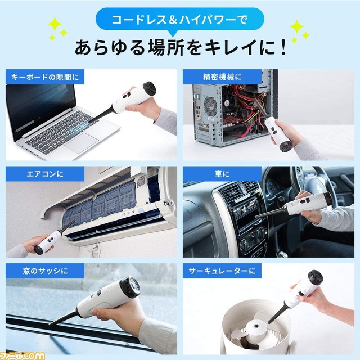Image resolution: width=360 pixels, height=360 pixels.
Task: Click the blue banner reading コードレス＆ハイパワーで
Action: pyautogui.click(x=179, y=21)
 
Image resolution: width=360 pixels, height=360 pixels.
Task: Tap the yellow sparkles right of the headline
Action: pyautogui.click(x=298, y=31)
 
